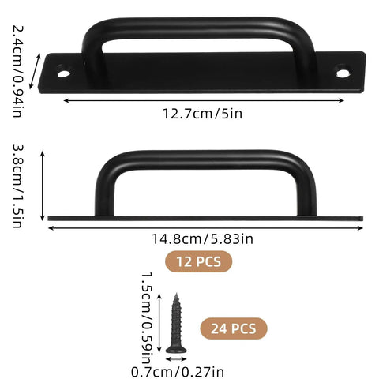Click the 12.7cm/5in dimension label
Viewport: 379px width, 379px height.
(x=203, y=113)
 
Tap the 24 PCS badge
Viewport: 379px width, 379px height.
(x=233, y=328)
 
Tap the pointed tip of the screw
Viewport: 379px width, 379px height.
(x=174, y=295)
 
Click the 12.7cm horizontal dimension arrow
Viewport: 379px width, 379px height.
(x=203, y=99)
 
